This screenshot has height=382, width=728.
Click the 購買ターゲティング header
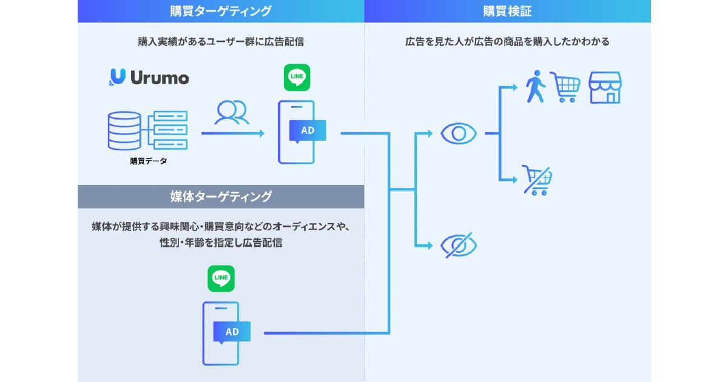(x=221, y=11)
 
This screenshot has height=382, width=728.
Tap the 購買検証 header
(x=507, y=11)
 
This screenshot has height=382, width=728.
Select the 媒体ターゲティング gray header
(x=221, y=196)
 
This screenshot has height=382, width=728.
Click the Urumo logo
(x=149, y=77)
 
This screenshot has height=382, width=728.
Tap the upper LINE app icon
(x=297, y=78)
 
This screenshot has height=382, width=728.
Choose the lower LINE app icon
(x=221, y=278)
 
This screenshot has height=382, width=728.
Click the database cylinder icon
(x=124, y=130)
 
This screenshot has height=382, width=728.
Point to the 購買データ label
(x=148, y=161)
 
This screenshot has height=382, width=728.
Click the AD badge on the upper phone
(x=308, y=130)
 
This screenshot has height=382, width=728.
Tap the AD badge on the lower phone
(x=232, y=332)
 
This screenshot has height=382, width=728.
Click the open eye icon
(x=459, y=133)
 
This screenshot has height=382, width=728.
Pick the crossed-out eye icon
(x=459, y=245)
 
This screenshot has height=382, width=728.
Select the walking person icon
(x=535, y=87)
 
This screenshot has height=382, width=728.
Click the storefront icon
(x=605, y=88)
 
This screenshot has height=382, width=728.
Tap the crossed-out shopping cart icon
(x=538, y=180)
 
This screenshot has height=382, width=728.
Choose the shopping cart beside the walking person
(x=565, y=87)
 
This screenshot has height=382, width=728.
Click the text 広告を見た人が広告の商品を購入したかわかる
(x=507, y=42)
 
